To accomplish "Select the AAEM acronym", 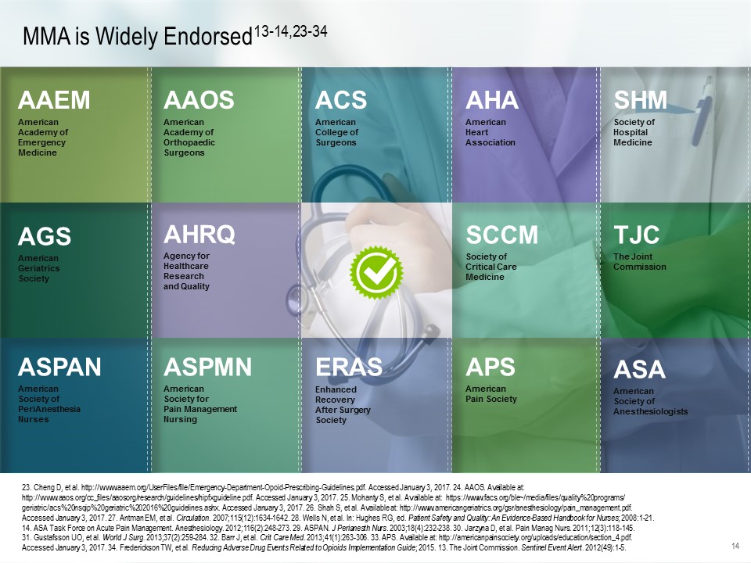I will pyautogui.click(x=54, y=100).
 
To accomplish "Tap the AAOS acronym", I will pyautogui.click(x=199, y=100).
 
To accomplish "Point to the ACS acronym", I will pyautogui.click(x=340, y=100).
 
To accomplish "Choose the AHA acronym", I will pyautogui.click(x=492, y=100).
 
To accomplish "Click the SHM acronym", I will pyautogui.click(x=641, y=100).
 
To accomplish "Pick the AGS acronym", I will pyautogui.click(x=45, y=236).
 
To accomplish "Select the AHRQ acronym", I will pyautogui.click(x=199, y=234).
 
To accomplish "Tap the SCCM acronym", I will pyautogui.click(x=502, y=235).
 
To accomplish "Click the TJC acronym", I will pyautogui.click(x=637, y=235).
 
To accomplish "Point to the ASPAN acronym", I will pyautogui.click(x=60, y=367).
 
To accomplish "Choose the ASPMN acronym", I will pyautogui.click(x=208, y=367).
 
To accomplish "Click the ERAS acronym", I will pyautogui.click(x=348, y=367).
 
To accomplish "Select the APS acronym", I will pyautogui.click(x=490, y=367).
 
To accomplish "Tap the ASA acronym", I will pyautogui.click(x=639, y=369).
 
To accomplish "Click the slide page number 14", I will pyautogui.click(x=735, y=545).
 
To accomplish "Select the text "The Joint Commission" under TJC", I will pyautogui.click(x=640, y=262).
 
